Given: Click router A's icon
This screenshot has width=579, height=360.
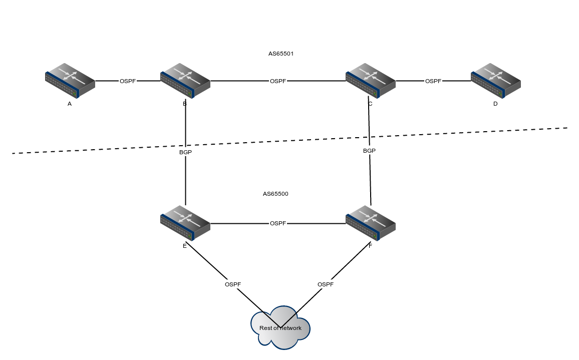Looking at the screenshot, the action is point(70,81).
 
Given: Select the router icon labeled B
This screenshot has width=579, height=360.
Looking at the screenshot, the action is point(185,81).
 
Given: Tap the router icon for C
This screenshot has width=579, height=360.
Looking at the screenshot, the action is point(371,81).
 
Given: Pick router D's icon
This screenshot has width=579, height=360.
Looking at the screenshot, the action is point(496,81).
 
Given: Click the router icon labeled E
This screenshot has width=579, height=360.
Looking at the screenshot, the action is point(185,223).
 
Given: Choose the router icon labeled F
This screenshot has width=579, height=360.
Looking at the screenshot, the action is point(371,223).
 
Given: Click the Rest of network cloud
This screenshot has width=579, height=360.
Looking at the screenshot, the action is point(280,327).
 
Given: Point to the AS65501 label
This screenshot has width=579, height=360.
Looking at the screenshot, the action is point(281,54).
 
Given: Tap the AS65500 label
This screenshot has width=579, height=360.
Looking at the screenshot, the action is point(275,194).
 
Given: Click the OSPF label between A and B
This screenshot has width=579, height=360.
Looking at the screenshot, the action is point(128,81).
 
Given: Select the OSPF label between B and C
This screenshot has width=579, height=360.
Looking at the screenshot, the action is point(278,81).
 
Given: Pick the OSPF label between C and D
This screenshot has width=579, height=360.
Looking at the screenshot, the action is point(433,81).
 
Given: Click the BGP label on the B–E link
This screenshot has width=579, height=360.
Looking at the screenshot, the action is point(185,152).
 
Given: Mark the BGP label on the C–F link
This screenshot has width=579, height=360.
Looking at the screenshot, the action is point(369,151).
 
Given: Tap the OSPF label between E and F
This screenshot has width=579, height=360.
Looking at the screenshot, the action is point(278,223).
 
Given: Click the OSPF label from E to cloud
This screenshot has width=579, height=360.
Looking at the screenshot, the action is point(233,284).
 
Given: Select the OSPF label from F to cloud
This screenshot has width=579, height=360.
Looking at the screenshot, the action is point(326,284).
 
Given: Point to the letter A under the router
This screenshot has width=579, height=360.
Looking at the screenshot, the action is point(70,104).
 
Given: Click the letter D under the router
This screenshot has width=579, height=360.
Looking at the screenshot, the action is point(495,104).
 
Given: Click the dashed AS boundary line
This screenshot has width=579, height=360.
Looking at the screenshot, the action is point(290,140).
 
